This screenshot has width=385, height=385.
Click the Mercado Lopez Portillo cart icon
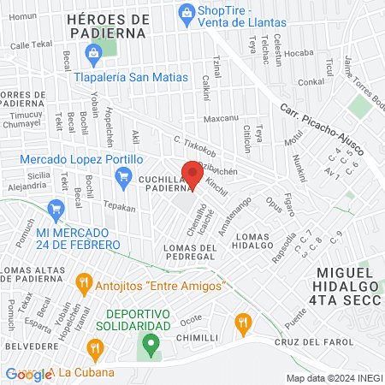[x=122, y=175]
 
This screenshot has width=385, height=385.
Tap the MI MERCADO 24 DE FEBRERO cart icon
[x=57, y=208]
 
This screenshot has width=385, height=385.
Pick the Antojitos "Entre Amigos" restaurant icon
[x=83, y=281]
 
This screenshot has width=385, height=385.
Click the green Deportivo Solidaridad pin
[x=151, y=345]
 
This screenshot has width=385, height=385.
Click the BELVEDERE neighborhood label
[x=31, y=348]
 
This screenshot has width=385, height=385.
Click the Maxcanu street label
[x=221, y=118]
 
